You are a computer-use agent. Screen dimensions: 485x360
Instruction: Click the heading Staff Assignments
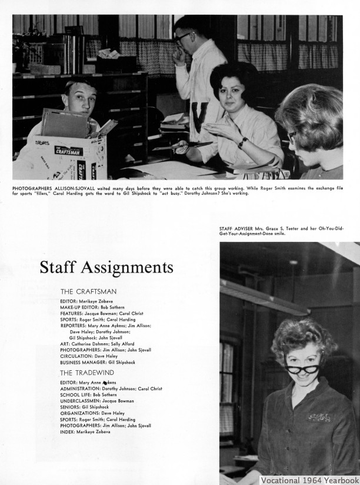click(x=106, y=268)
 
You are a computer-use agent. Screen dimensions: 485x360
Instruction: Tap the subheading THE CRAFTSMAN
click(x=88, y=291)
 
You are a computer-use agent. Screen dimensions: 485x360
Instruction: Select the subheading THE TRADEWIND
click(x=87, y=373)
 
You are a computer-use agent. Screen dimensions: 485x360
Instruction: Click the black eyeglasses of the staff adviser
click(x=302, y=368)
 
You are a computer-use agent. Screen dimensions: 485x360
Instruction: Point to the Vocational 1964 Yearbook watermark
click(x=309, y=480)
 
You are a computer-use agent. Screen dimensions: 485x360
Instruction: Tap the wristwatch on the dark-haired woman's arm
click(x=242, y=142)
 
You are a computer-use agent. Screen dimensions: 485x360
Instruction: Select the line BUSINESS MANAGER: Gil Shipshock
click(x=97, y=363)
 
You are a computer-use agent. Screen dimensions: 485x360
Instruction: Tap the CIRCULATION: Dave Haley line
click(x=89, y=356)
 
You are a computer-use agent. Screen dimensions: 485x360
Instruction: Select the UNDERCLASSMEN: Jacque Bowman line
click(x=97, y=401)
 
